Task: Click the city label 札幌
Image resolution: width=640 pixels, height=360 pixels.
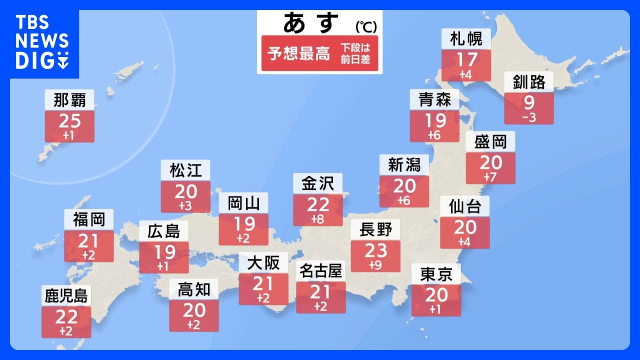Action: (466, 39)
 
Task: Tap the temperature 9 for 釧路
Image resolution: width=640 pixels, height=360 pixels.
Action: (529, 103)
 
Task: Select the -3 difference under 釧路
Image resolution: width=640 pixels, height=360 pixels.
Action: (529, 117)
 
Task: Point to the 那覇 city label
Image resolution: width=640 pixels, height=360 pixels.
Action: (69, 100)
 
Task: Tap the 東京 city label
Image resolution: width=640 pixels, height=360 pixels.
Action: (436, 274)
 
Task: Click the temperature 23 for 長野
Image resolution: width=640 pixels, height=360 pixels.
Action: (375, 250)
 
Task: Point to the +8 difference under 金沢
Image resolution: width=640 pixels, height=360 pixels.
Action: (318, 218)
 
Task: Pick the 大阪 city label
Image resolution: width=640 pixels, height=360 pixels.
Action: (263, 262)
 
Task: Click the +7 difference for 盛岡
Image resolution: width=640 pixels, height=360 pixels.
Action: (490, 177)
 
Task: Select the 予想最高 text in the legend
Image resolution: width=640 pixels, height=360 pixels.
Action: (299, 53)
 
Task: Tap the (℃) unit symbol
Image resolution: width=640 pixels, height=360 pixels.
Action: (366, 26)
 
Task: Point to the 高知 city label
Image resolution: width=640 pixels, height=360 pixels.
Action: (193, 289)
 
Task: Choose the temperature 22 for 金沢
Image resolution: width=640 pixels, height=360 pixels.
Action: (318, 204)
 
